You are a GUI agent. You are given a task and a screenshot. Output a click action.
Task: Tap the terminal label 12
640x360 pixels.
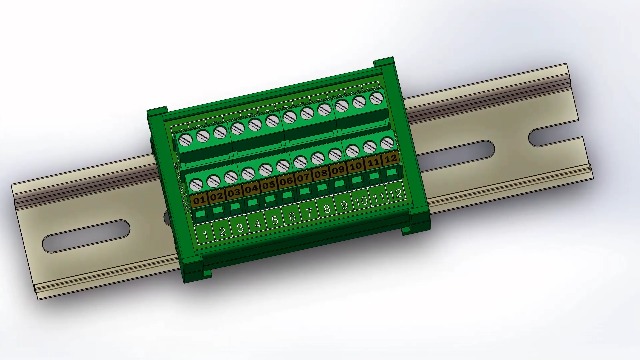click(390, 158)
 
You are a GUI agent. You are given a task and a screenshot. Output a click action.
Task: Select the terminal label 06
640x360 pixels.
click(286, 181)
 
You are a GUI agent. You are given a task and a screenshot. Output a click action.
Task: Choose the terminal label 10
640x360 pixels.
click(355, 166)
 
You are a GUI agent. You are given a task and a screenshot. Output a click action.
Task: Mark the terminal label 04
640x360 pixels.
click(251, 189)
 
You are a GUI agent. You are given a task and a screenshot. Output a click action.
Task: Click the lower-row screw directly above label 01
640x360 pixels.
click(196, 184)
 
